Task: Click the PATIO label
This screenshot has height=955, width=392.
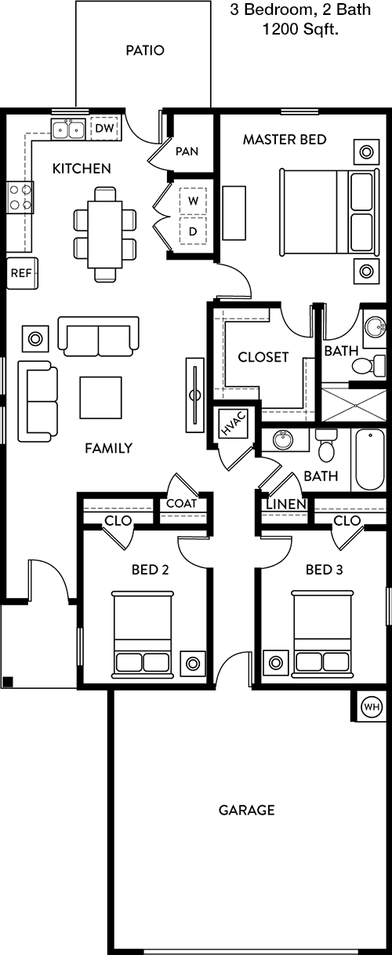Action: pos(145,50)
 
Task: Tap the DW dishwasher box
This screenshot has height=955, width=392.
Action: pos(104,129)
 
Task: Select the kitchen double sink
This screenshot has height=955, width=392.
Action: pos(67,129)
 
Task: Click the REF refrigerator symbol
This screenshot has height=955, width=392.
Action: pos(22,273)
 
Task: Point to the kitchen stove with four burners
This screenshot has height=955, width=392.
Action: pos(20,197)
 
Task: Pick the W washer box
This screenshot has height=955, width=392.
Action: pos(193,200)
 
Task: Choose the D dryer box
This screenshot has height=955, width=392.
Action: pos(193,231)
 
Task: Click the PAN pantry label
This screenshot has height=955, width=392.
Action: pos(187,151)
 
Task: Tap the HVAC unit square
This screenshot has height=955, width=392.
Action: pos(233,424)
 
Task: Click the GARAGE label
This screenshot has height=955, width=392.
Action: pos(247,810)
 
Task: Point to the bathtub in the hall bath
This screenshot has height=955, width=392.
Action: pos(369,460)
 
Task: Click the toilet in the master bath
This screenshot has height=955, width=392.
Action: pos(368,366)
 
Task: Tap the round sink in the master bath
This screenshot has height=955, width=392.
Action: pos(375,327)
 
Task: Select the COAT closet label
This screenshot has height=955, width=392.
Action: pos(182,504)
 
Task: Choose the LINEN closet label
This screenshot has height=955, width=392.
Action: pos(286,505)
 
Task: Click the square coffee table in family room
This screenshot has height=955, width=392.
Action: pos(100,397)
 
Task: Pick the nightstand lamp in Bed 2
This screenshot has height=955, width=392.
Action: pos(193,663)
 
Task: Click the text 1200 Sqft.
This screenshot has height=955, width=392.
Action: pos(300,29)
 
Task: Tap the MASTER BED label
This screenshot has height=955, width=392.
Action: pos(285,140)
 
